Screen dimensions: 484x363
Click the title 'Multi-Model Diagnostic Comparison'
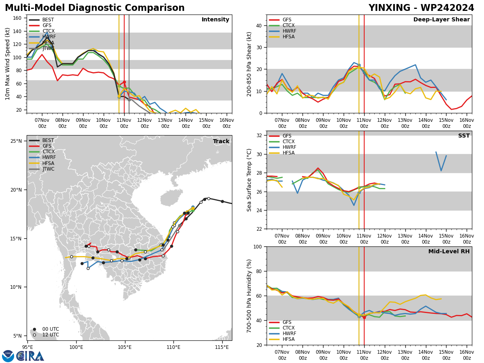point(95,8)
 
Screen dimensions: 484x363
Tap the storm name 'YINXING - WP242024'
point(421,8)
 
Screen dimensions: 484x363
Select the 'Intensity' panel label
point(215,19)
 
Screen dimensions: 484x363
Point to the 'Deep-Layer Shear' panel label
point(441,19)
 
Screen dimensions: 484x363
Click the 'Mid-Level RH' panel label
point(449,251)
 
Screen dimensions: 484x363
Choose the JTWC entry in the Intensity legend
point(42,48)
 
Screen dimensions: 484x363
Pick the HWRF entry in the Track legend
point(42,157)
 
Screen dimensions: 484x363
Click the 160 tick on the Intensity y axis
point(17,18)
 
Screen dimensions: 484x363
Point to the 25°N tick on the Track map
point(16,141)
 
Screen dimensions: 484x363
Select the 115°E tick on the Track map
point(222,347)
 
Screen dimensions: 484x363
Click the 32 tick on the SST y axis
point(259,136)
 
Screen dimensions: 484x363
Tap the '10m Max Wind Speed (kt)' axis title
point(7,64)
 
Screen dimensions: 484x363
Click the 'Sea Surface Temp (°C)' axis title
point(249,180)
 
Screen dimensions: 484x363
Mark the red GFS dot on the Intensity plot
point(124,82)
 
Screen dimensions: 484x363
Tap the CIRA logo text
point(30,356)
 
